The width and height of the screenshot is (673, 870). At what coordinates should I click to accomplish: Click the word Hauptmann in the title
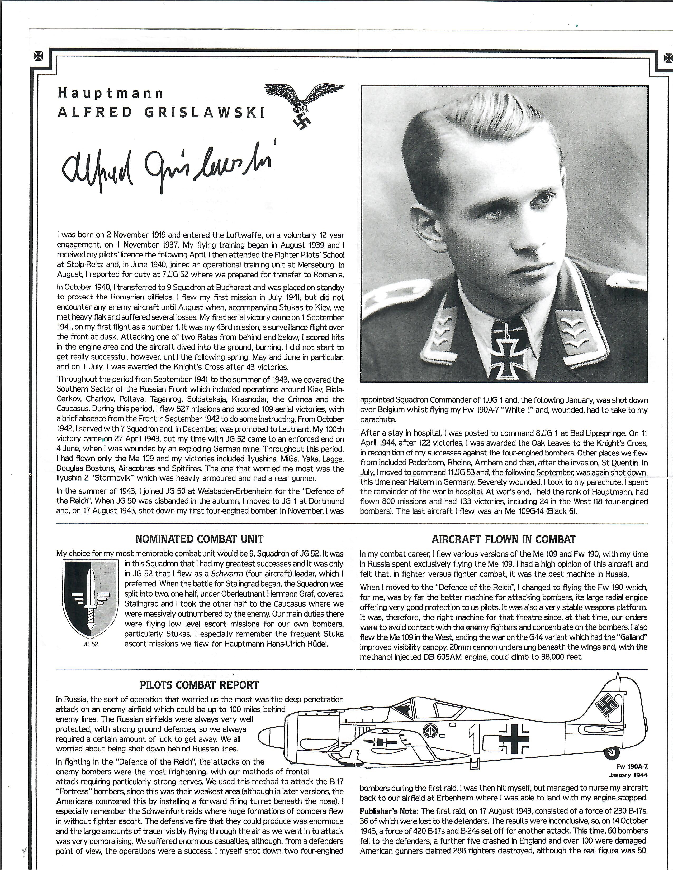tap(110, 93)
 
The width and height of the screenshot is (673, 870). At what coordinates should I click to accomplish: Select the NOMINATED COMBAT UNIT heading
tap(199, 539)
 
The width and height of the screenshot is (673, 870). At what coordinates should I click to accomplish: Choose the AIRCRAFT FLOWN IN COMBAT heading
tap(503, 539)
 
